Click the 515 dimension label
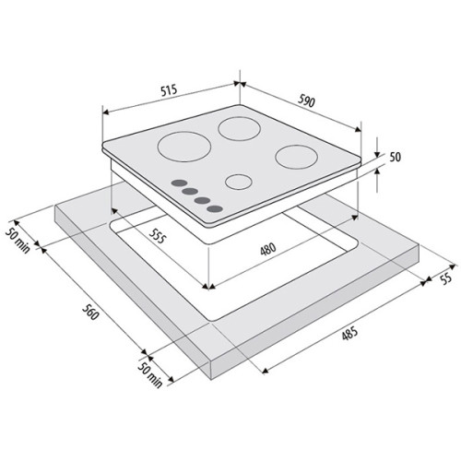169,90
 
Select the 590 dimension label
306,101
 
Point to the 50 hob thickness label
396,157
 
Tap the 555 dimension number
158,235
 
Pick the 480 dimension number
268,250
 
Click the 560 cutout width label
90,311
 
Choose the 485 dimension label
349,334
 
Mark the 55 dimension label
446,278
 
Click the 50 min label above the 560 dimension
18,241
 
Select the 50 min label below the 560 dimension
149,374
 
